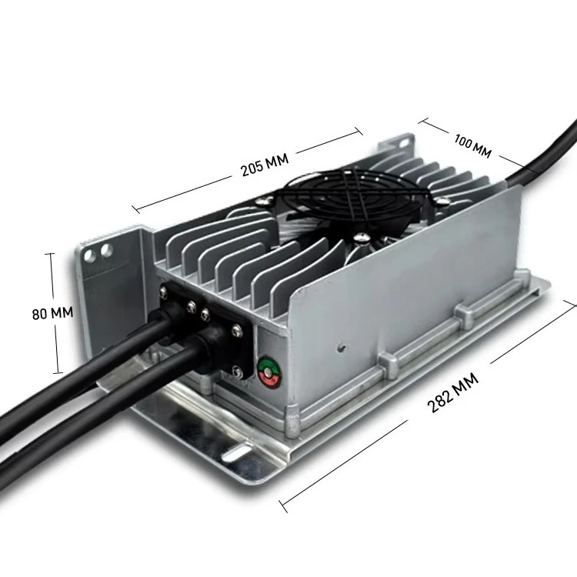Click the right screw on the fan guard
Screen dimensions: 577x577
[x=444, y=198]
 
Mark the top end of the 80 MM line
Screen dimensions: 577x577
[x=52, y=253]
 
